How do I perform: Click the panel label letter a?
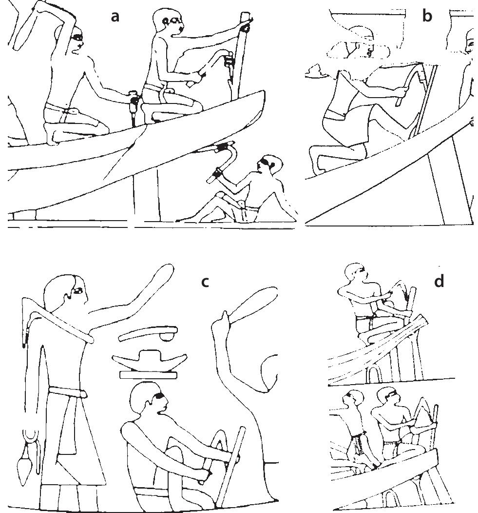[115, 17]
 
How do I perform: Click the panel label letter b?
[427, 16]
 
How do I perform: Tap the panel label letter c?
[205, 281]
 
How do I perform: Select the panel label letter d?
[439, 282]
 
